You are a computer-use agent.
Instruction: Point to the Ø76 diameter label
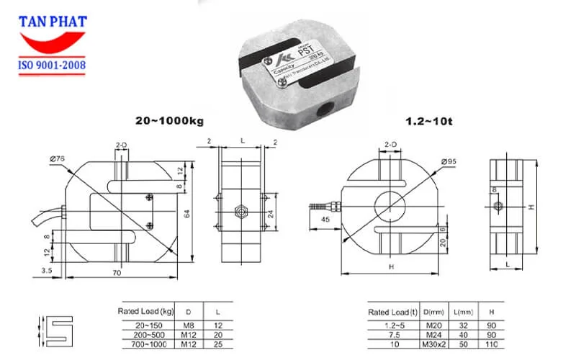pyautogui.click(x=58, y=159)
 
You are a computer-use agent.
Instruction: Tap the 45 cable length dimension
pyautogui.click(x=326, y=220)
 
